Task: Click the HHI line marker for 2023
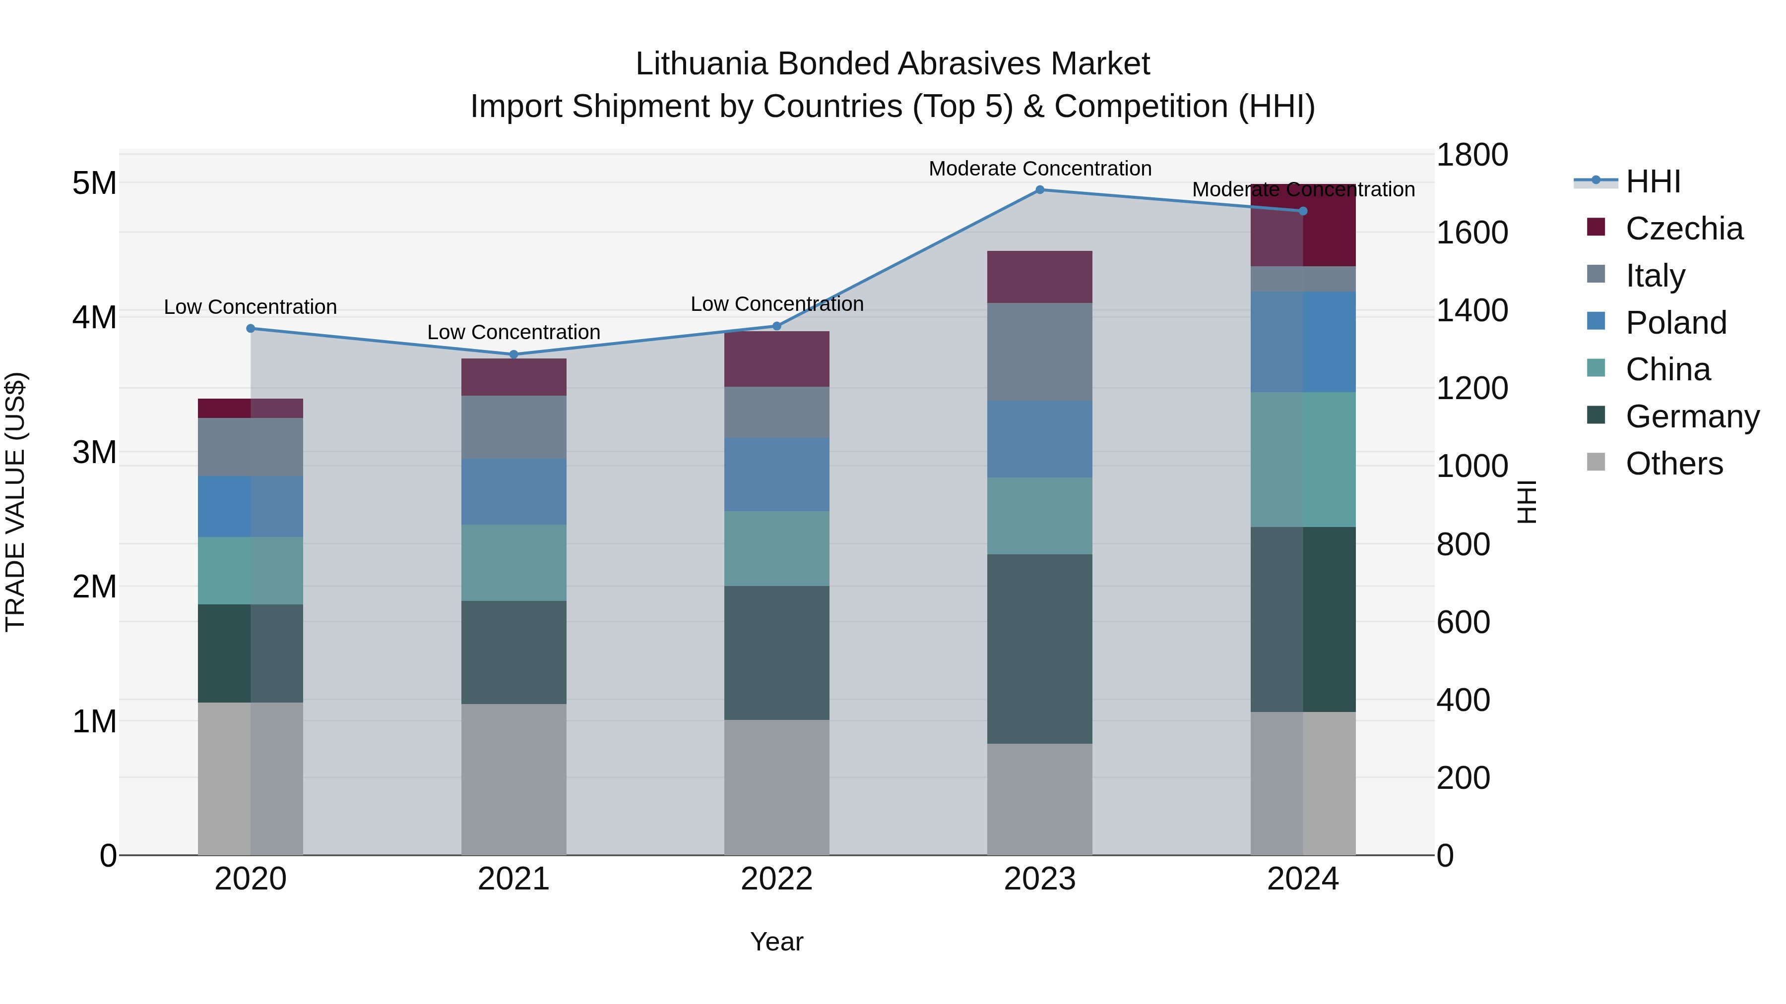tap(1039, 190)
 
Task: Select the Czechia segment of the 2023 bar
tap(1039, 277)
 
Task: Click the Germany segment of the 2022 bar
tap(776, 652)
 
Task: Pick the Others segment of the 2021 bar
tap(514, 779)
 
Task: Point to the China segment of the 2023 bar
tap(1039, 516)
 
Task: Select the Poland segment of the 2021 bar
tap(514, 491)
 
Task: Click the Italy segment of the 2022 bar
tap(776, 413)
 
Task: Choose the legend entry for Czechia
tap(1683, 229)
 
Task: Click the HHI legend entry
tap(1652, 181)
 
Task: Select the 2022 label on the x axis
tap(776, 879)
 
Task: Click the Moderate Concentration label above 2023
tap(1039, 169)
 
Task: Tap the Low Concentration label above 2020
tap(251, 307)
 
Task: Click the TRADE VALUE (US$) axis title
tap(15, 502)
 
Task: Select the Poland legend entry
tap(1676, 323)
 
